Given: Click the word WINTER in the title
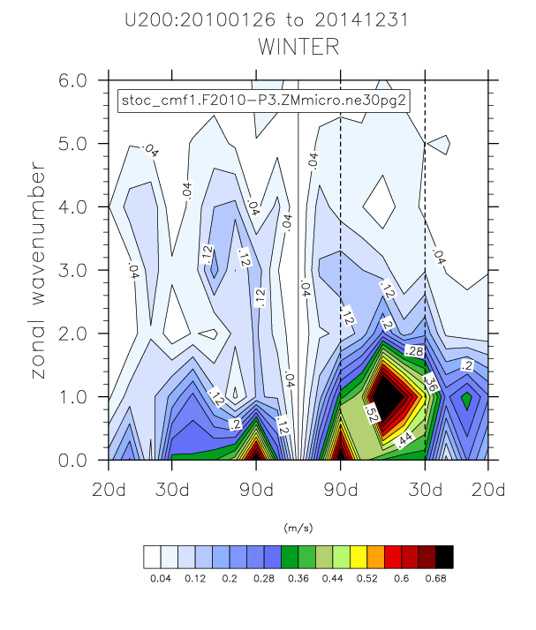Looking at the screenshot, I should point(298,47).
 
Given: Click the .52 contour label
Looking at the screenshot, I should point(371,412).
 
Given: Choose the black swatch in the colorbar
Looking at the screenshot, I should point(445,556).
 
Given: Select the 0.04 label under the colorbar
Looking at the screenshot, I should point(161,578).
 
